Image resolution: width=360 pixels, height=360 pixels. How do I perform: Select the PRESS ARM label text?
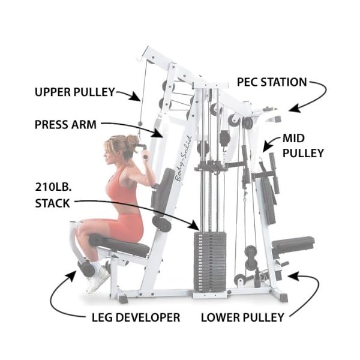pos(64,125)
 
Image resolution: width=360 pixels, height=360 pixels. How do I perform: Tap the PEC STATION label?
pos(271,82)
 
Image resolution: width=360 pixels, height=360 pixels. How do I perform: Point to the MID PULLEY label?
pos(303,146)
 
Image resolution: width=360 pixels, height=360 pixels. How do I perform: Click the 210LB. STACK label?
pos(52,193)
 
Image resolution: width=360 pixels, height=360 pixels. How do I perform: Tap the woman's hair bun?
pos(131,142)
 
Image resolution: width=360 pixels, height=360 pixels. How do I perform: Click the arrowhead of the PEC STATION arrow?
pos(292,109)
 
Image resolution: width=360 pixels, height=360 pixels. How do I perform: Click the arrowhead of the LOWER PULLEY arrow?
pos(290,275)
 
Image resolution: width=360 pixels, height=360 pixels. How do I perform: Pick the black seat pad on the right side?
pos(293,243)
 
